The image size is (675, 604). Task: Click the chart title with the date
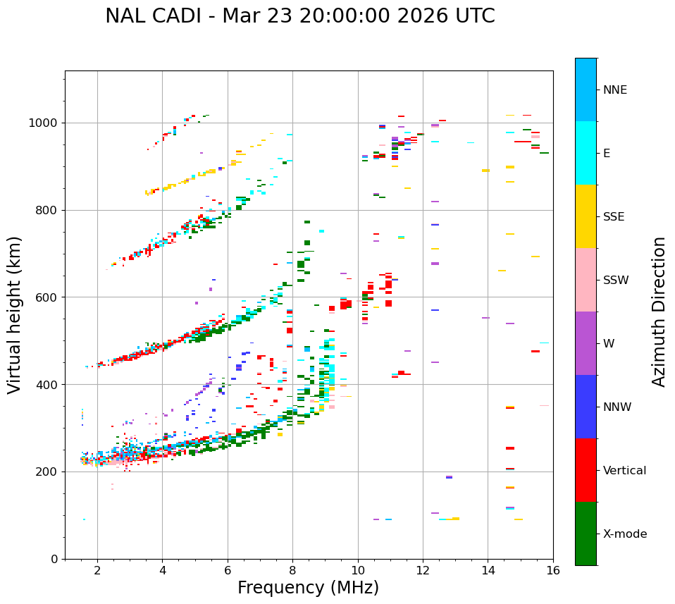299,16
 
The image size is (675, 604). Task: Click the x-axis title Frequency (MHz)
308,588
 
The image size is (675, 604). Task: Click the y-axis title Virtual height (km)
15,314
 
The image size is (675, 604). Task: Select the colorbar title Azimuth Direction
659,312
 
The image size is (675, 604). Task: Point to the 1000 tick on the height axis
47,123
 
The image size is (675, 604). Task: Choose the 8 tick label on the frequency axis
293,569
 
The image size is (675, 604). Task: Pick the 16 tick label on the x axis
553,569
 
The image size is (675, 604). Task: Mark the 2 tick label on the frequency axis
97,569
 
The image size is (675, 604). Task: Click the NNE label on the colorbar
614,90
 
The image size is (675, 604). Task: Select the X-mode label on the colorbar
624,534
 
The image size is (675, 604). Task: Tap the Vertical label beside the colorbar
624,471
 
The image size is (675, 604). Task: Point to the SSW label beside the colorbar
616,281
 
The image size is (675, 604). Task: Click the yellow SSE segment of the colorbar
586,216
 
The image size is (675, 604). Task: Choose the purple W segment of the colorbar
586,343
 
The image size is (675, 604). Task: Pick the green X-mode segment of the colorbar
586,534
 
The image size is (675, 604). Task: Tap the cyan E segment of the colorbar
586,153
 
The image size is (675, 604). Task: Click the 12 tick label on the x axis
423,569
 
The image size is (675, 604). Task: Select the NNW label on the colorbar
617,407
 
